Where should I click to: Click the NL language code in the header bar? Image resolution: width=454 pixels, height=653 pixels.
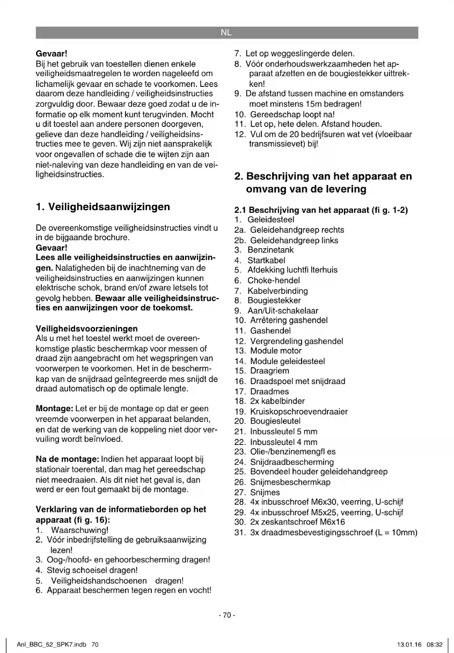coord(226,33)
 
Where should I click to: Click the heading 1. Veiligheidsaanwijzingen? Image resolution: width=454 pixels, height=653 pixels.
coord(102,206)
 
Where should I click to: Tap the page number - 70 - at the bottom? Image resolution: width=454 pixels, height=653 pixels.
coord(226,615)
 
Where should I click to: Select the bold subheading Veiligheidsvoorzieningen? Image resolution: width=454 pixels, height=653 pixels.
coord(86,328)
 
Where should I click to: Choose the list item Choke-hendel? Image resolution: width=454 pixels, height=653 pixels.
coord(274,280)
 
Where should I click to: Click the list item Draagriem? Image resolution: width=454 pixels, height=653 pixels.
coord(269,371)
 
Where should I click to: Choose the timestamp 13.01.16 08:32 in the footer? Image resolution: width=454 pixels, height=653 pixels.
coord(420,644)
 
